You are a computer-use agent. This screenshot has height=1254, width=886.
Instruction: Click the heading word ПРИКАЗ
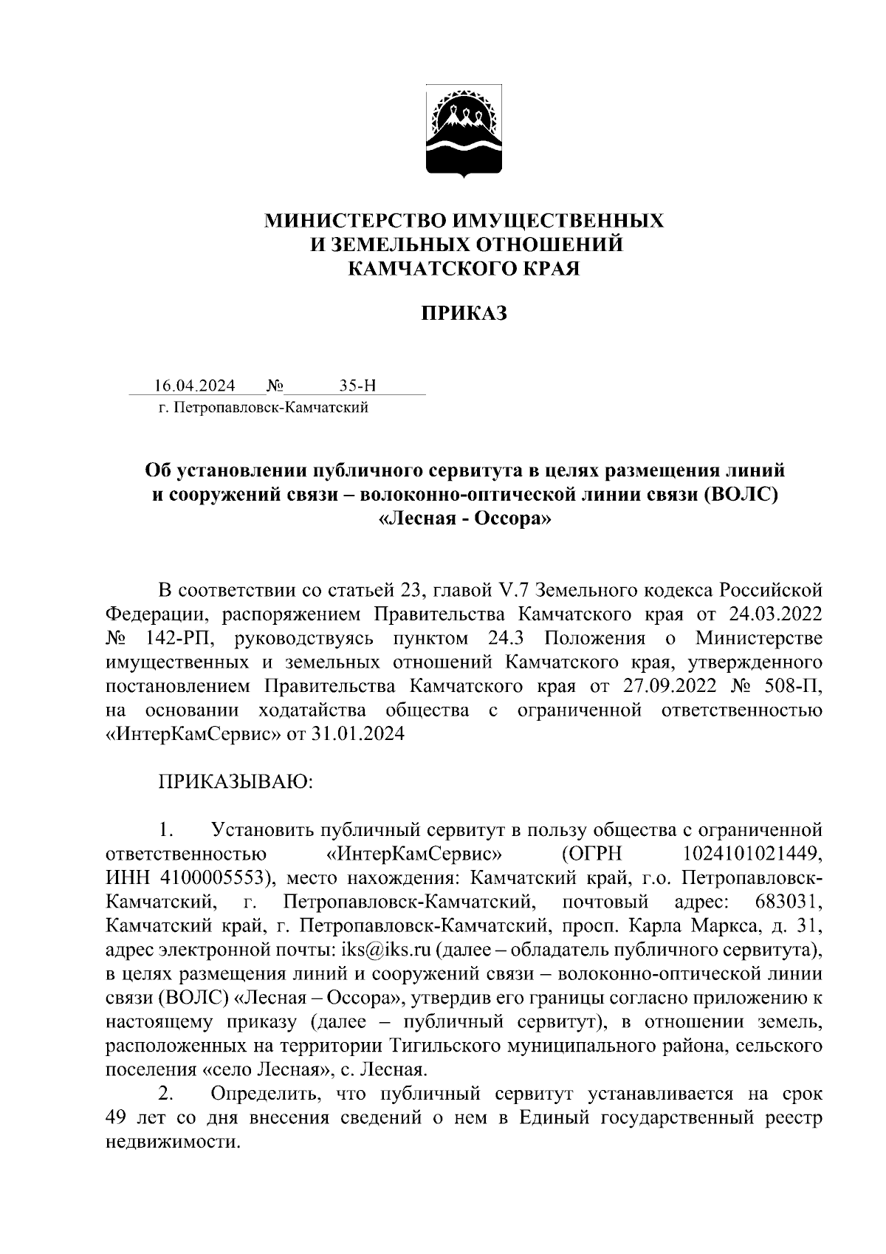point(464,314)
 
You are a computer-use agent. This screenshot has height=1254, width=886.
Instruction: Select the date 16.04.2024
point(195,386)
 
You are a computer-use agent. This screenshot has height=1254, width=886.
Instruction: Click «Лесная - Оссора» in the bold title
point(464,519)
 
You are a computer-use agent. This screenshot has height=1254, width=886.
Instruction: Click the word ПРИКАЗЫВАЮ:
point(236,783)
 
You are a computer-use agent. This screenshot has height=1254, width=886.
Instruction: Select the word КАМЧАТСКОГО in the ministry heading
point(419,270)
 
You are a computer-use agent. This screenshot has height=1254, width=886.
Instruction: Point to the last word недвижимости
point(173,1143)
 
